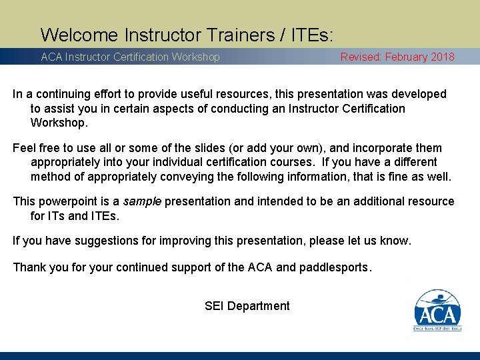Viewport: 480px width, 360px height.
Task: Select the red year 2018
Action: tap(443, 57)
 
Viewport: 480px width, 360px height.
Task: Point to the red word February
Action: tap(406, 57)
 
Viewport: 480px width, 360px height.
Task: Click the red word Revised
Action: tap(361, 57)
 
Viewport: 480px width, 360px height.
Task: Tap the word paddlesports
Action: tap(334, 267)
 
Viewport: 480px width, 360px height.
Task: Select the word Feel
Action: tap(25, 147)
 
